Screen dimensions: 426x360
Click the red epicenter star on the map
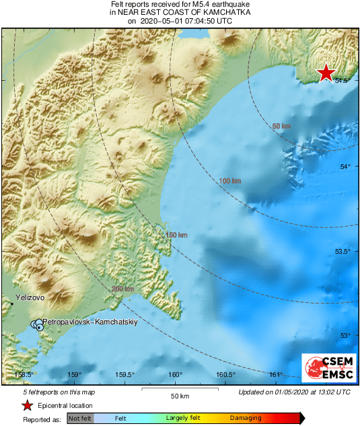[326, 73]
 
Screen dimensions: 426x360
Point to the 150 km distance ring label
[176, 234]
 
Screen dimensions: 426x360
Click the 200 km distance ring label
[122, 289]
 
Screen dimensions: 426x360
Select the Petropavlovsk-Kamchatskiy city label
[89, 322]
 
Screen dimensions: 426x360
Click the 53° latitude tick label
[344, 335]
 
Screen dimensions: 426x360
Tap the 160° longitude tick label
[176, 375]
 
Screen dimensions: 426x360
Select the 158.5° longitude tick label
[24, 375]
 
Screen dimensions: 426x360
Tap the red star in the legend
[27, 405]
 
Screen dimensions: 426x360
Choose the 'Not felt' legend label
[80, 419]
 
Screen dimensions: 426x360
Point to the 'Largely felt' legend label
[181, 419]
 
